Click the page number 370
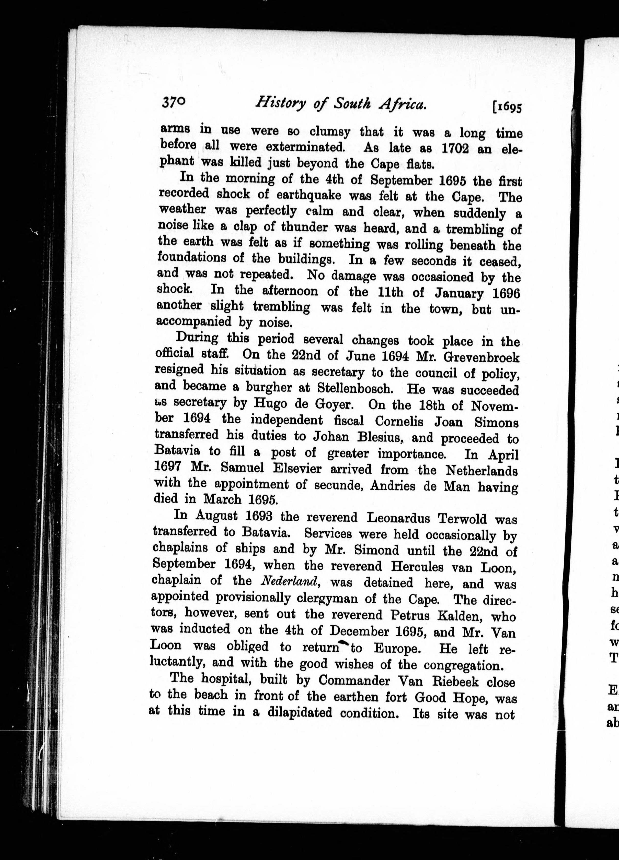coord(174,102)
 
